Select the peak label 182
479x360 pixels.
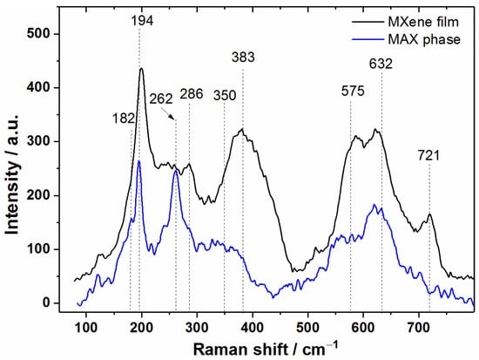[x=124, y=119]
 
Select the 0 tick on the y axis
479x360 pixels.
[x=54, y=302]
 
